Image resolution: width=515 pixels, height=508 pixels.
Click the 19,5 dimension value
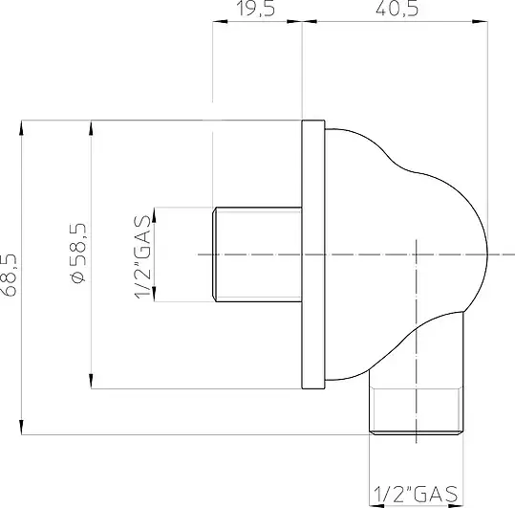[255, 9]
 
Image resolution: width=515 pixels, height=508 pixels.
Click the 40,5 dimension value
[397, 9]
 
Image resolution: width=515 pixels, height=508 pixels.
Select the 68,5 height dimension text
[9, 276]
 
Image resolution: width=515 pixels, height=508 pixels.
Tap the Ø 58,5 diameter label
[78, 253]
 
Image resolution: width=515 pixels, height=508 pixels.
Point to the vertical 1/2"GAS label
[143, 257]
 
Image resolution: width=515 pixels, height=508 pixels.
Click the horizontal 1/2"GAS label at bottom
[416, 494]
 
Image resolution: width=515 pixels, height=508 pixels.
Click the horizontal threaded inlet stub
[257, 254]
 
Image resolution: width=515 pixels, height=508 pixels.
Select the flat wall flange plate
[313, 254]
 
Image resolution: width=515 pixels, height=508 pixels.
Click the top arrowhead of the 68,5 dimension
[22, 127]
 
